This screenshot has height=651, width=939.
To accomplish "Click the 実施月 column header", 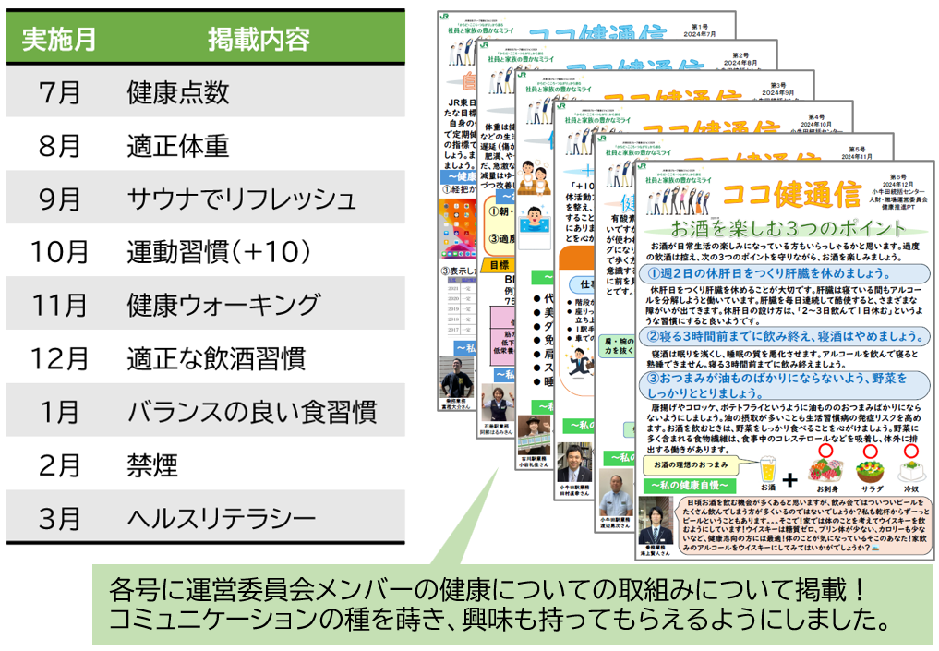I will coord(58,40).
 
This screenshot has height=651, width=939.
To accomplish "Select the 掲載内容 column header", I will coord(259,40).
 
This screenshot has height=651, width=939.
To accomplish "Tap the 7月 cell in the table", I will coord(60,92).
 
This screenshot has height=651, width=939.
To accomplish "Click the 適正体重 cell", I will coord(177,145).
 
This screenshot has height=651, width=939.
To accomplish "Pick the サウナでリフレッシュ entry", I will coord(241,199).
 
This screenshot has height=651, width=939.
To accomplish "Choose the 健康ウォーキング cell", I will coord(223,305).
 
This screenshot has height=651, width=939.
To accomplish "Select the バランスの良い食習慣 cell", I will coord(251,411).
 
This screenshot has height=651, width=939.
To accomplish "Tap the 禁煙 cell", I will coord(151,464).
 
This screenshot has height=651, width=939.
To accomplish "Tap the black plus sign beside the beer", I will coord(789,481).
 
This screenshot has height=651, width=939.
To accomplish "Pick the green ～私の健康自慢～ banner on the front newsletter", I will coord(687,485).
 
